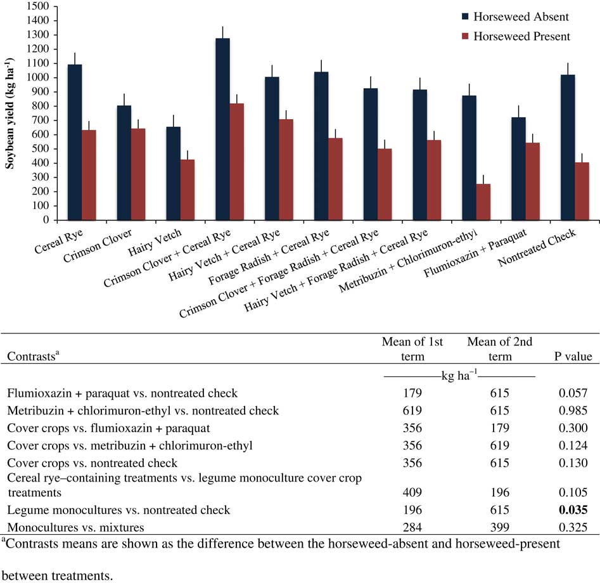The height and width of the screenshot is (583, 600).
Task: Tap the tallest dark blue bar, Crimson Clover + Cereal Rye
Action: coord(222,129)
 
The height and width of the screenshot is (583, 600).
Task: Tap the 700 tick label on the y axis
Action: coord(42,120)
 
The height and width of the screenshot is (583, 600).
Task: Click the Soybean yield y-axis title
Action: coord(11,112)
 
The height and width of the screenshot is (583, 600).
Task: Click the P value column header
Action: coord(572,356)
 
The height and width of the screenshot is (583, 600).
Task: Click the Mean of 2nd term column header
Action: coord(499,349)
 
